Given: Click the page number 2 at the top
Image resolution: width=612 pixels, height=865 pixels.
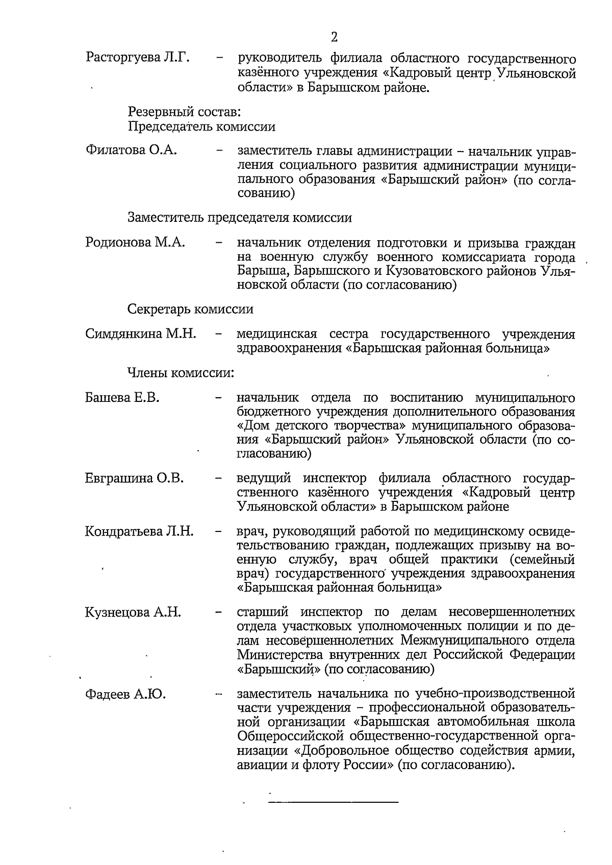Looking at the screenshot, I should point(334,37).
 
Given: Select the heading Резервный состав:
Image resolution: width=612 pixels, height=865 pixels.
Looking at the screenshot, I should point(184,111).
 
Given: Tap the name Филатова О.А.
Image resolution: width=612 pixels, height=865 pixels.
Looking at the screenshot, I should point(131,150).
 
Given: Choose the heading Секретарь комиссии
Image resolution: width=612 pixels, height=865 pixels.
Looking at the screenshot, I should point(190,309).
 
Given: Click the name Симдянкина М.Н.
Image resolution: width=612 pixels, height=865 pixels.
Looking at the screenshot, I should point(141,334).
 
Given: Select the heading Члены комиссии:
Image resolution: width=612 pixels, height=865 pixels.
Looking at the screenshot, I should point(181,373).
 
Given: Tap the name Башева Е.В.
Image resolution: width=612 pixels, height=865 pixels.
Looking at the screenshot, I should point(122,398).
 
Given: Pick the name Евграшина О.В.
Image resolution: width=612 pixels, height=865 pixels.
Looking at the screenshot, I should point(134,478).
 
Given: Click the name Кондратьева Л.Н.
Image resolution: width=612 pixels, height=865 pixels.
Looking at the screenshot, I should point(139,531).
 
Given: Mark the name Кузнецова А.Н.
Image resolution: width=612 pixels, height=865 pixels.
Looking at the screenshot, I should point(133,612).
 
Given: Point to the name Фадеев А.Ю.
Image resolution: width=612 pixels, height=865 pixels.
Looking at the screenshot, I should point(125,694).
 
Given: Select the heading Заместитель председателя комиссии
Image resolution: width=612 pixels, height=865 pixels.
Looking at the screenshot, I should point(240,218).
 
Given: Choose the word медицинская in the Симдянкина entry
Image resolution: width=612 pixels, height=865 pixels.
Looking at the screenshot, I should point(276,335).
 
